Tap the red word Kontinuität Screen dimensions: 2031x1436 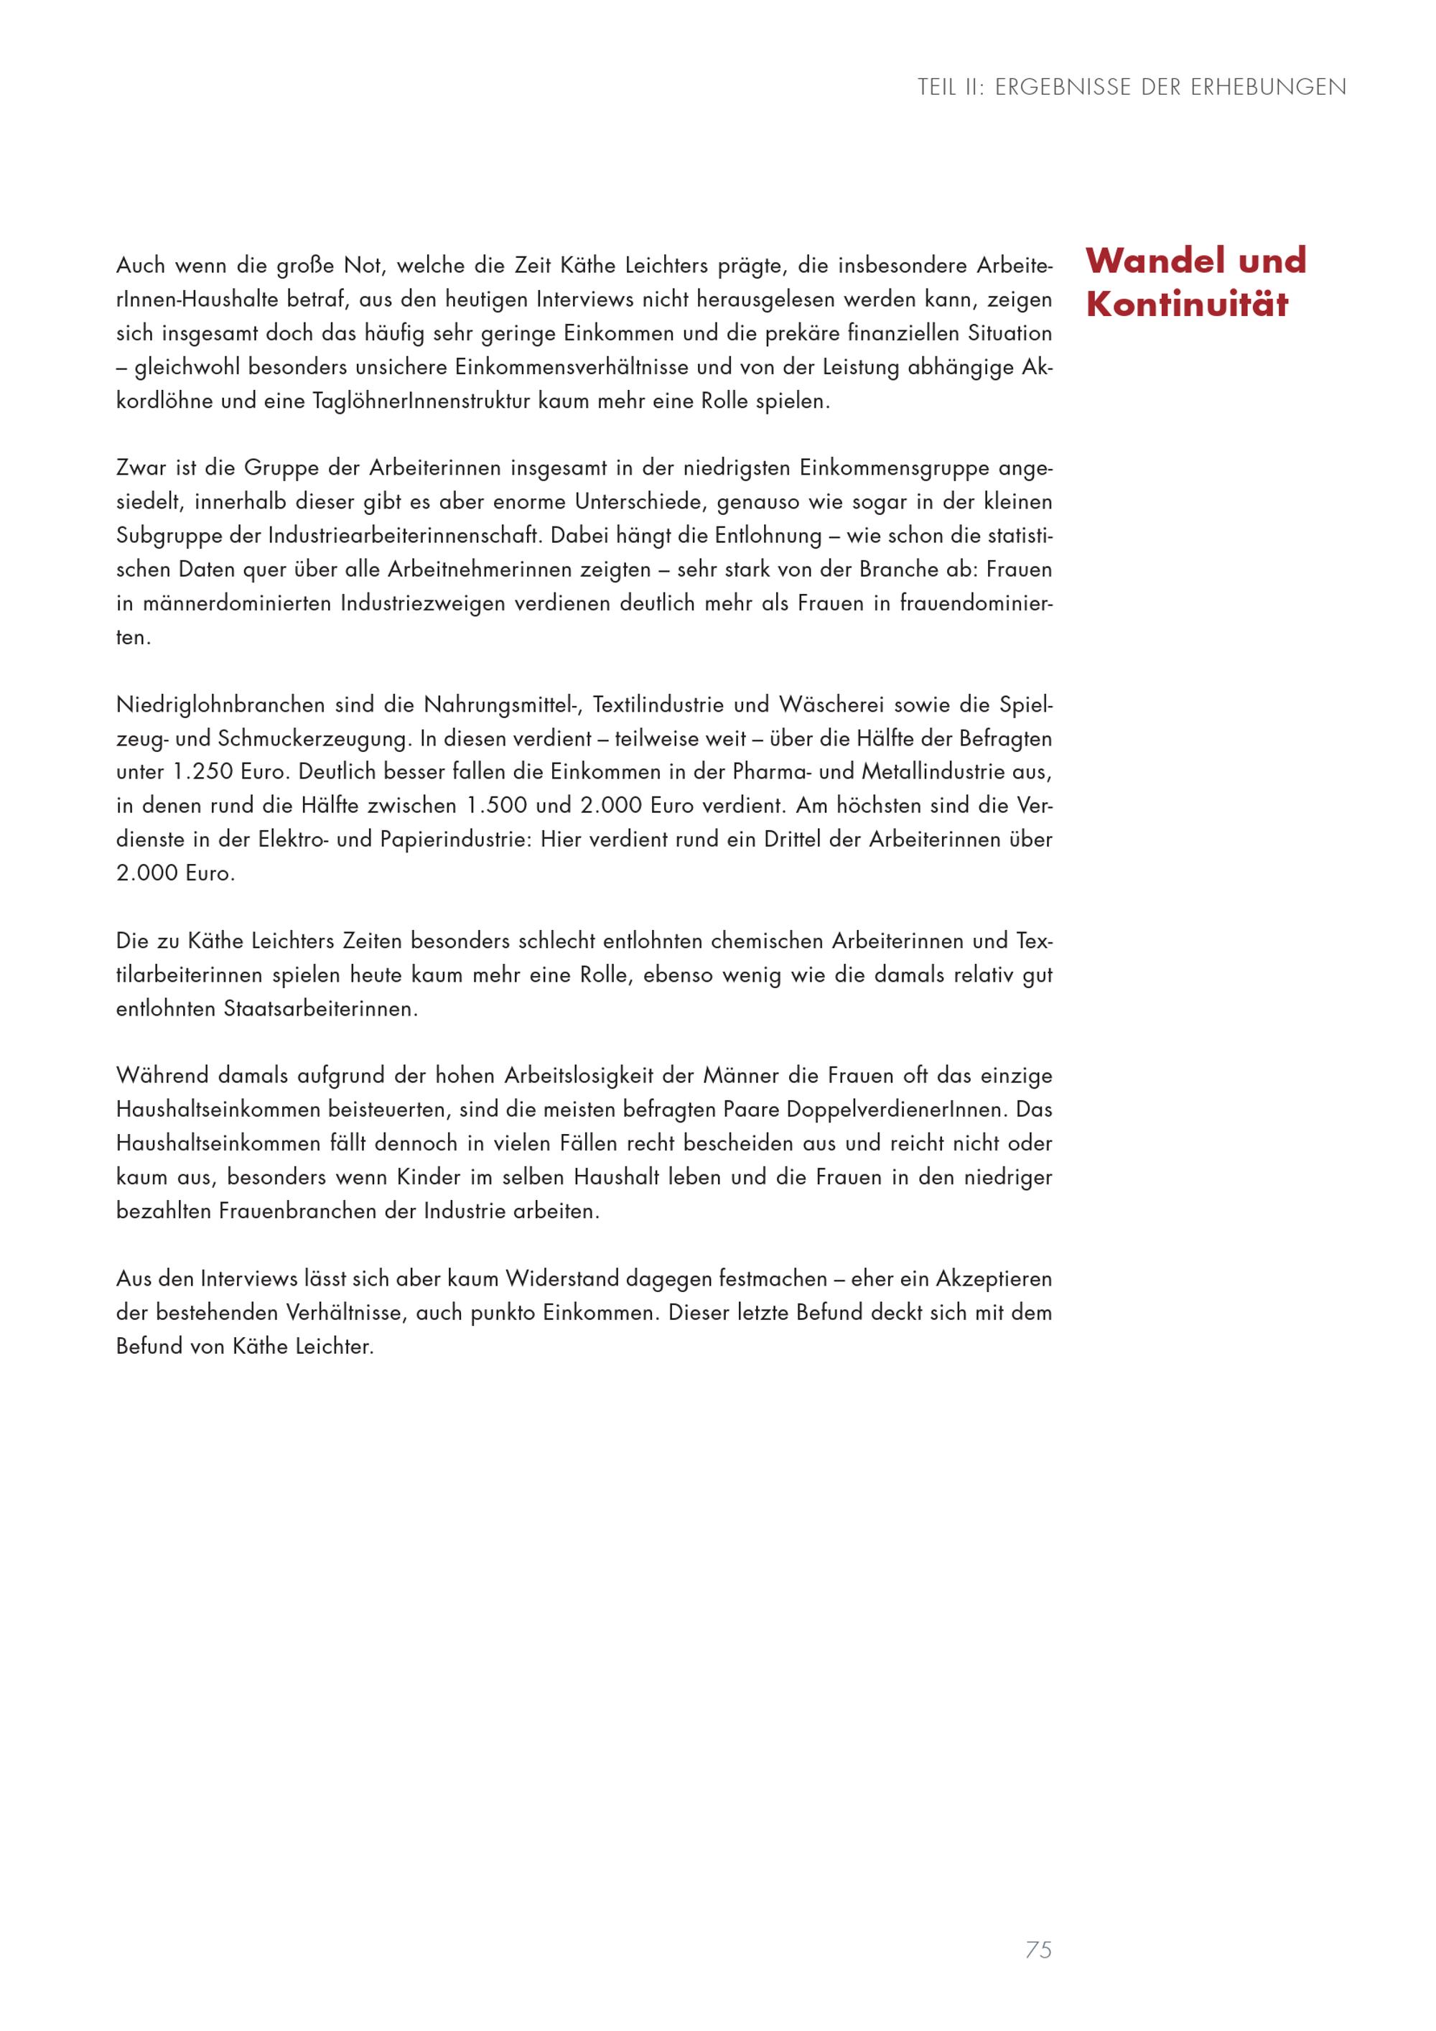pyautogui.click(x=1187, y=305)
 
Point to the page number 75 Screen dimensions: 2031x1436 pyautogui.click(x=1038, y=1950)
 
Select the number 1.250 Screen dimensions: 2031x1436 pyautogui.click(x=202, y=772)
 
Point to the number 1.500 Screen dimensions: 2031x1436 pyautogui.click(x=496, y=806)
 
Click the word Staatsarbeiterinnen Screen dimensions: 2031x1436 pyautogui.click(x=320, y=1009)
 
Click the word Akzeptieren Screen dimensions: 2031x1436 pyautogui.click(x=994, y=1279)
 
